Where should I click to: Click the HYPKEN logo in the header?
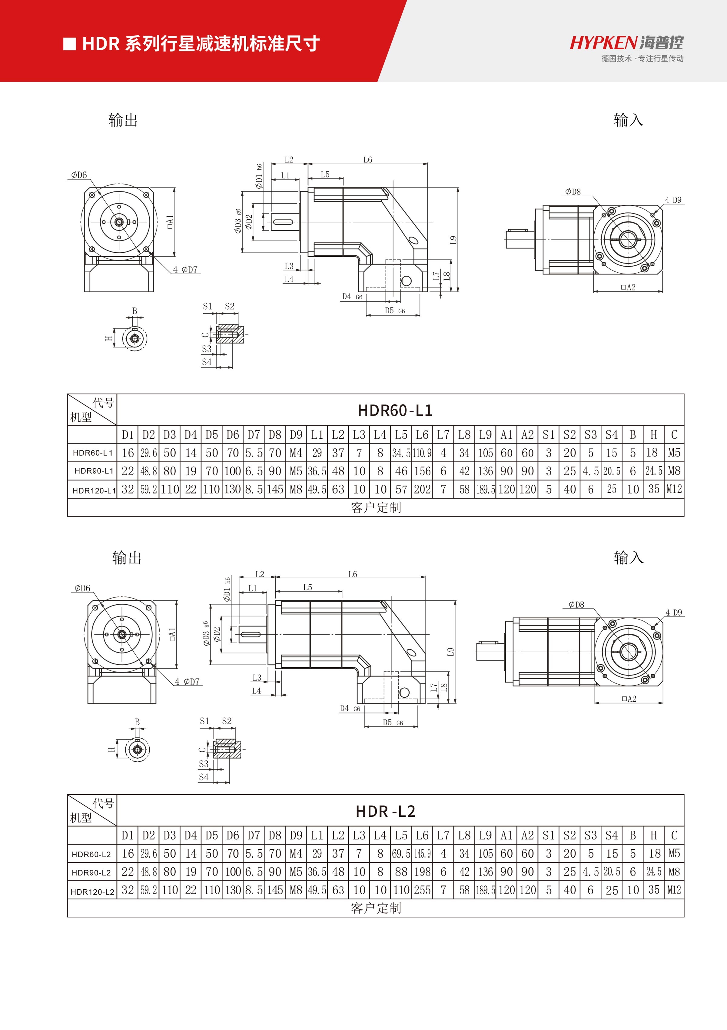(626, 43)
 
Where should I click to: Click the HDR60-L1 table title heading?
(395, 410)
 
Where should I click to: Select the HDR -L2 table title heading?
(386, 811)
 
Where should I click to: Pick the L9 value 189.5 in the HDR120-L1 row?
(485, 490)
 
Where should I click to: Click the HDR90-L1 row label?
(94, 471)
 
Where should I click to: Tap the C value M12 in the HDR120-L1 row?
(674, 490)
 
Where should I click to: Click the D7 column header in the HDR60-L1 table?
(254, 435)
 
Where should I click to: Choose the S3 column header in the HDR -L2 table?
(591, 835)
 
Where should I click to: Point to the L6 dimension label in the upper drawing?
(367, 160)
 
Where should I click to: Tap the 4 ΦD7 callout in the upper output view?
(185, 270)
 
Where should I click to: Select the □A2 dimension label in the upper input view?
(628, 287)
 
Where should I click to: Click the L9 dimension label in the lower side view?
(451, 652)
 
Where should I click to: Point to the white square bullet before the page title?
(69, 44)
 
